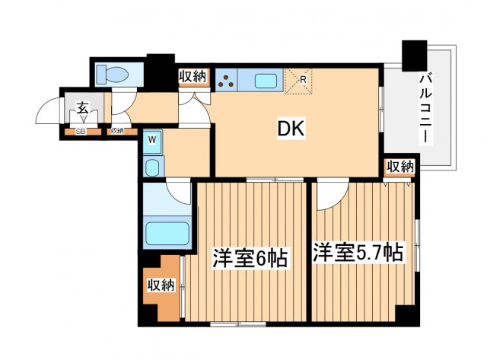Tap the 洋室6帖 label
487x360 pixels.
pos(249,259)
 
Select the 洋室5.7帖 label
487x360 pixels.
pos(357,253)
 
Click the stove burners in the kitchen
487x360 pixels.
pos(228,81)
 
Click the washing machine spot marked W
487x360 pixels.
pos(152,140)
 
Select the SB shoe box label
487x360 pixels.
pos(80,131)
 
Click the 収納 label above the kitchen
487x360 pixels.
pos(193,75)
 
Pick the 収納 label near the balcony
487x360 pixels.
pos(399,167)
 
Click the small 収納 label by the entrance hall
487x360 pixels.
pos(116,131)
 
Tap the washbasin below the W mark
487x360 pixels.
pos(152,167)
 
